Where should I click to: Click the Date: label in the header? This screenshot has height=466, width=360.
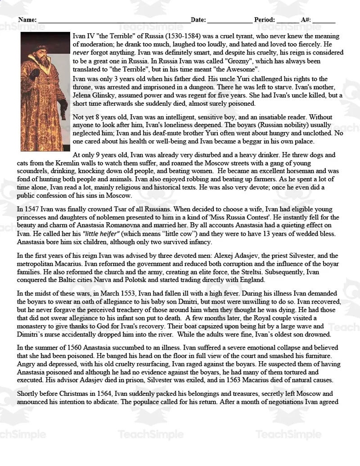(198, 20)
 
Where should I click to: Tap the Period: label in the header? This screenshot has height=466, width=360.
(264, 20)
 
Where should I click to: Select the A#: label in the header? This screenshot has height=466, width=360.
(306, 20)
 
